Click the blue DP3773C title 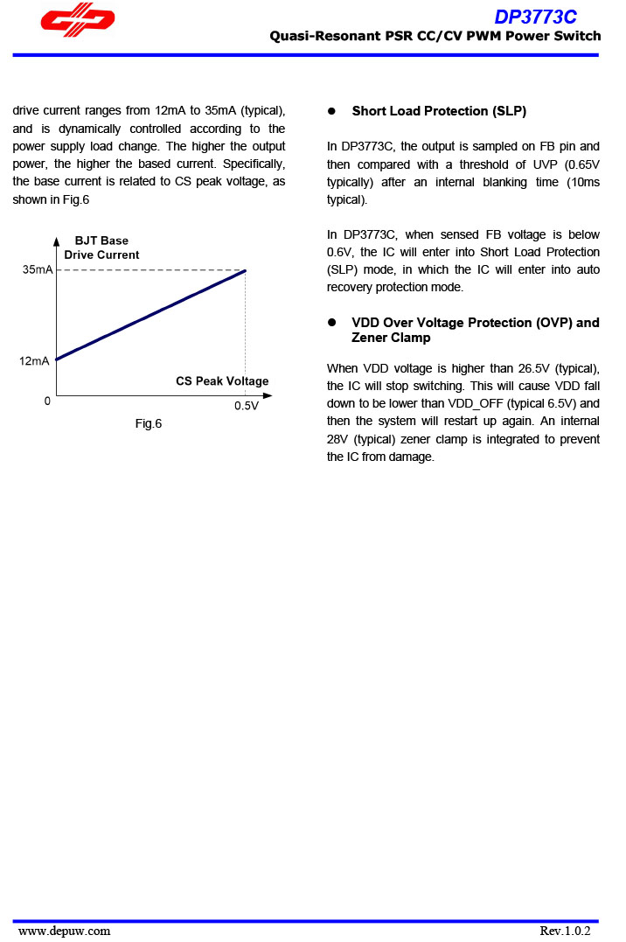click(535, 17)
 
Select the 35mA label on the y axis click(38, 270)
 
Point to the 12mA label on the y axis click(34, 361)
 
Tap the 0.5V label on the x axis click(246, 407)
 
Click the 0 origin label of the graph click(47, 401)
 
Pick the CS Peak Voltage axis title click(222, 381)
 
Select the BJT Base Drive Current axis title click(101, 248)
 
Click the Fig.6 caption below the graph click(148, 424)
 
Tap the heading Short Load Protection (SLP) click(439, 111)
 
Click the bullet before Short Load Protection click(332, 111)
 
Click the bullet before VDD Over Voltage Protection click(332, 323)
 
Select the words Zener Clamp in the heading click(391, 338)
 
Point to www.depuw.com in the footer click(65, 931)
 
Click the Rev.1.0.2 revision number click(565, 931)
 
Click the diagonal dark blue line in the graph click(150, 315)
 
